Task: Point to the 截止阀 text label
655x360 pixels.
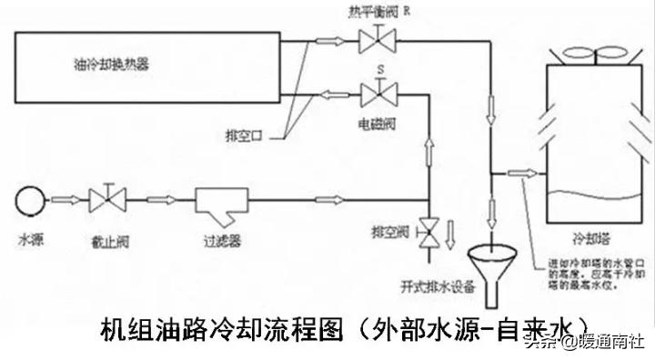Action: (108, 243)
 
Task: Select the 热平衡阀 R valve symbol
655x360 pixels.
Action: (373, 39)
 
